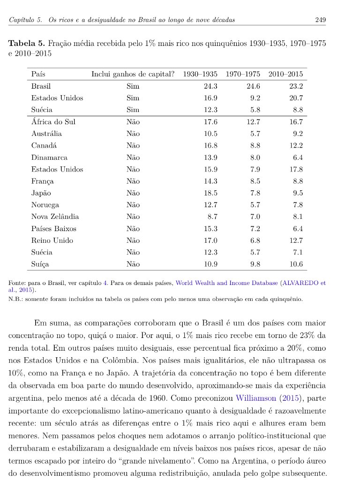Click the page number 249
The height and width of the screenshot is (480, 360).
tap(321, 20)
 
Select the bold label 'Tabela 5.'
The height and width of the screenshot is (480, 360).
tap(27, 44)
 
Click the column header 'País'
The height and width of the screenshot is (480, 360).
tap(38, 74)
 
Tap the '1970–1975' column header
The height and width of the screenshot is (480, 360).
tap(243, 74)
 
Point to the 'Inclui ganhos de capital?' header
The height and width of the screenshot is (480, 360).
tap(133, 74)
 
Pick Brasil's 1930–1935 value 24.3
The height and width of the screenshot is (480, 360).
tap(210, 86)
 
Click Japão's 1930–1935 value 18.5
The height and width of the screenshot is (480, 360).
tap(210, 193)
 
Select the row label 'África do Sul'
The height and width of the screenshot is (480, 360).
tap(53, 122)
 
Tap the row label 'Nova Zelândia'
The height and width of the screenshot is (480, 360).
tap(55, 217)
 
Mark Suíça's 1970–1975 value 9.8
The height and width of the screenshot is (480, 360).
tap(255, 264)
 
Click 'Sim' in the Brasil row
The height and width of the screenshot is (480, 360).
tap(133, 86)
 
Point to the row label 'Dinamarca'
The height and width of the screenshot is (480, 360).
tap(49, 157)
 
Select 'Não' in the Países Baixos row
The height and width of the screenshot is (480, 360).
tap(133, 229)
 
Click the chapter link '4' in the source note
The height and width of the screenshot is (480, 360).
tap(105, 283)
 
